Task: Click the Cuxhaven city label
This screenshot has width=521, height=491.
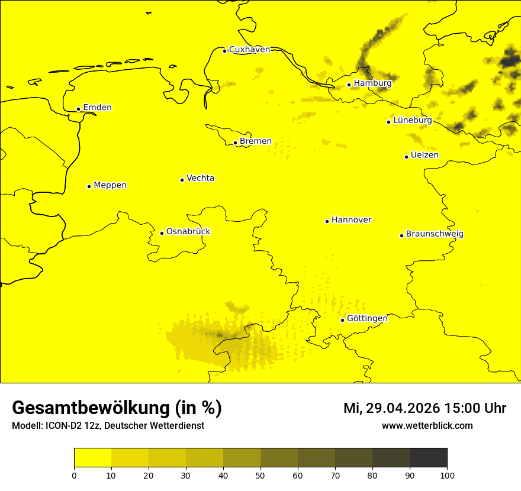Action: (249, 50)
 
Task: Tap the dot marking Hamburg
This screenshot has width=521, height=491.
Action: (349, 85)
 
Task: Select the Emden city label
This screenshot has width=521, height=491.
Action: (97, 108)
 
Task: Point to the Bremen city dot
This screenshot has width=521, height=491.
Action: (235, 143)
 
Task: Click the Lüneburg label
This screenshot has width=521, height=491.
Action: (413, 120)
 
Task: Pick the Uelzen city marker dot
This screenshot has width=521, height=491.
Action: (406, 157)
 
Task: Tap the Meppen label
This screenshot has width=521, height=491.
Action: (110, 185)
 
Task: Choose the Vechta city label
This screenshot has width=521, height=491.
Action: (200, 178)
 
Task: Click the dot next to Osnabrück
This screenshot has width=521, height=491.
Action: (162, 233)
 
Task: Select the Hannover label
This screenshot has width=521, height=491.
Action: (351, 220)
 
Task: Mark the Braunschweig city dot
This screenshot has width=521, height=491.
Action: (401, 235)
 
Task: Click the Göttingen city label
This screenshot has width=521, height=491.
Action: (367, 318)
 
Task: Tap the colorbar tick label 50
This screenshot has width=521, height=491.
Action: (260, 475)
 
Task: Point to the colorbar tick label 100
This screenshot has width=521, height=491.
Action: (447, 475)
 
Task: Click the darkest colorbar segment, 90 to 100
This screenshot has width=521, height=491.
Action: (428, 458)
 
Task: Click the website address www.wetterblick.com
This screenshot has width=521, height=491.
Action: (427, 426)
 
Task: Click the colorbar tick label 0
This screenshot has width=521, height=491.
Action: (74, 475)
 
